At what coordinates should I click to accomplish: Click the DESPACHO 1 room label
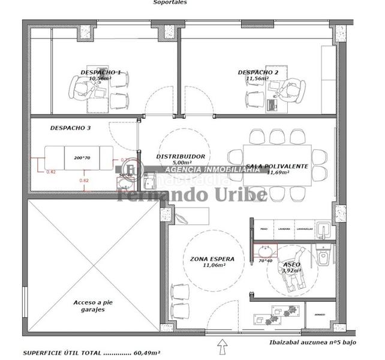100,72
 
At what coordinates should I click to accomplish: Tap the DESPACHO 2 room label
258,72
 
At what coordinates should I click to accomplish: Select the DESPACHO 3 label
70,128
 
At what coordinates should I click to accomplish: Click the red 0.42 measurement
51,172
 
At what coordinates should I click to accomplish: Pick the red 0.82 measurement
84,181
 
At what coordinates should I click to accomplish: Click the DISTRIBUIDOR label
181,157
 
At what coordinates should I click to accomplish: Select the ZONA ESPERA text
208,259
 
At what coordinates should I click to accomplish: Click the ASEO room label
291,264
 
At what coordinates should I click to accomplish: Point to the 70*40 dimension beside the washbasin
264,261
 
